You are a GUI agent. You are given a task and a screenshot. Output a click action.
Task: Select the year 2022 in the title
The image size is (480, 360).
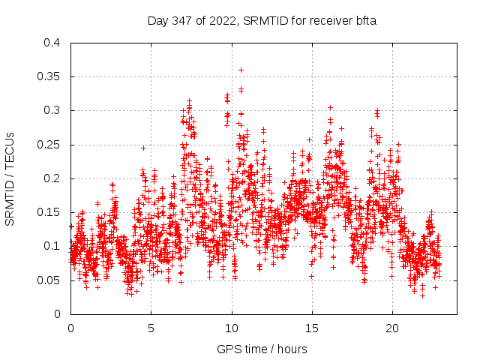[221, 21]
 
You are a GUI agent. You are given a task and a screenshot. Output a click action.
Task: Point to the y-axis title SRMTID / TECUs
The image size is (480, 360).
[10, 178]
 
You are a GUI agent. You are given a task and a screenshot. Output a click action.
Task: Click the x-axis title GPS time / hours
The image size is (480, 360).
[262, 349]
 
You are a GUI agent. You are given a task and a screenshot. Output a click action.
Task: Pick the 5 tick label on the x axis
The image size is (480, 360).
[151, 328]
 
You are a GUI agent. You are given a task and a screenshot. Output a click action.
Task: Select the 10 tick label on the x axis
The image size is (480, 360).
[232, 328]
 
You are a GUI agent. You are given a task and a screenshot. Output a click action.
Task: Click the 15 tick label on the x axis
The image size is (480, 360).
[312, 328]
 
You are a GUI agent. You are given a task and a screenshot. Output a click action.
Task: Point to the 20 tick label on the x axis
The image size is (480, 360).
[392, 328]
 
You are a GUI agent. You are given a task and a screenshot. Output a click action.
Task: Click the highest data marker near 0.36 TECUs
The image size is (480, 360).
[241, 70]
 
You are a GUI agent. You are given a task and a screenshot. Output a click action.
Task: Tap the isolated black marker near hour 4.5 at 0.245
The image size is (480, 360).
[143, 148]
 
